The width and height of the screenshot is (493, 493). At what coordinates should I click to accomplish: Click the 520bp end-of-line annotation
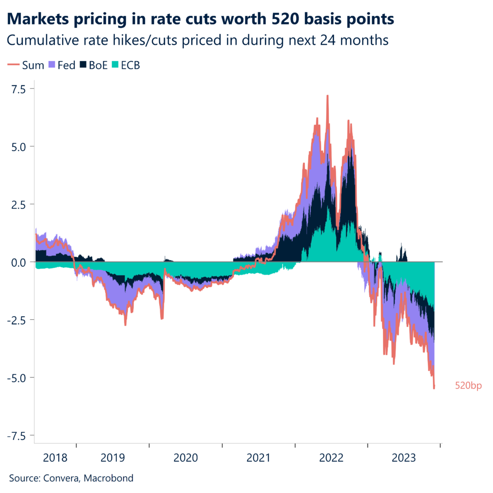[468, 386]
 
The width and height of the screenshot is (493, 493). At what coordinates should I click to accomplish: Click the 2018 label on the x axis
[55, 457]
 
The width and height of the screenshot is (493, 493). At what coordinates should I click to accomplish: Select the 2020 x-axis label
[186, 457]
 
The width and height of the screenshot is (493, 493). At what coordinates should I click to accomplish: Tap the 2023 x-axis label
[404, 457]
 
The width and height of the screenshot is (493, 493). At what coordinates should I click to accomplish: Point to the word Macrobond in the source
[110, 478]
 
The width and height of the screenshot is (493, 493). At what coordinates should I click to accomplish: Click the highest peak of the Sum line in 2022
[328, 96]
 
